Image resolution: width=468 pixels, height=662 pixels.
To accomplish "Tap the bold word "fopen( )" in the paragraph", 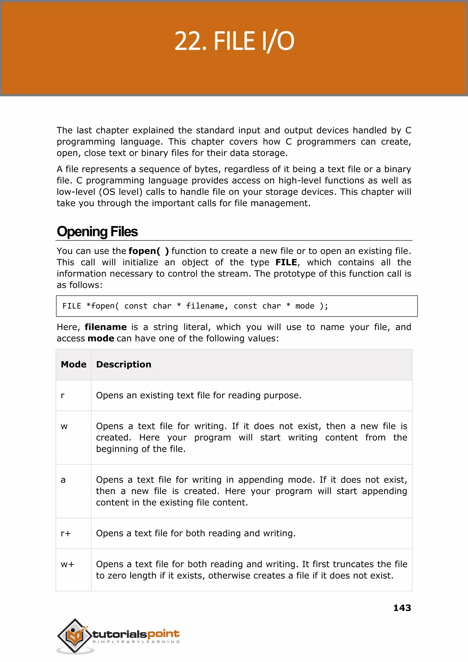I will [148, 251].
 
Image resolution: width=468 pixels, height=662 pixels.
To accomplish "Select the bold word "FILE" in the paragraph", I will [286, 262].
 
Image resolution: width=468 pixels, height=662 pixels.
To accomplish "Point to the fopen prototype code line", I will [195, 306].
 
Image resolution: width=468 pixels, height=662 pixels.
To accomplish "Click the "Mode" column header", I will [74, 364].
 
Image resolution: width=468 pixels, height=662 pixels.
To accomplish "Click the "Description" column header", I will [124, 364].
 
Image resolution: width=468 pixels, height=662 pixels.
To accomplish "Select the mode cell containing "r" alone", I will [63, 396].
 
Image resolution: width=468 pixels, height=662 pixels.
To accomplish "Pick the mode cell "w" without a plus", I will [64, 426].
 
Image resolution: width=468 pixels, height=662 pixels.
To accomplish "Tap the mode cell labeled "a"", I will [63, 480].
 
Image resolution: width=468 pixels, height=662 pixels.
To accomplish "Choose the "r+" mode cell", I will [66, 533].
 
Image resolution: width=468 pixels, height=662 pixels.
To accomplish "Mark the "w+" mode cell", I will [67, 564].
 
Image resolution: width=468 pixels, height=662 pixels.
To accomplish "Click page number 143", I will [402, 608].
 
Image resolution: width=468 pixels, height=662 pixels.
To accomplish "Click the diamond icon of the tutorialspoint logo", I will [75, 635].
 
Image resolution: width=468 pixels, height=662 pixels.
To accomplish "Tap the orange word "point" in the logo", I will [163, 634].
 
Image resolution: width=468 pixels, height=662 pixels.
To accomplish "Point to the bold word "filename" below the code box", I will [106, 327].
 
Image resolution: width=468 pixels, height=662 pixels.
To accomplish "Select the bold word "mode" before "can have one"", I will [101, 338].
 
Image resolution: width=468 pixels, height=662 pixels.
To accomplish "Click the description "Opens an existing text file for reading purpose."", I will [199, 396].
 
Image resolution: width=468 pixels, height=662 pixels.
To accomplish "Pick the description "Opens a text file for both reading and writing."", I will [196, 533].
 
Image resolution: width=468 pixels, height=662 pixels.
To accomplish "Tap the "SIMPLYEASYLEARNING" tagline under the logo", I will [136, 642].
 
